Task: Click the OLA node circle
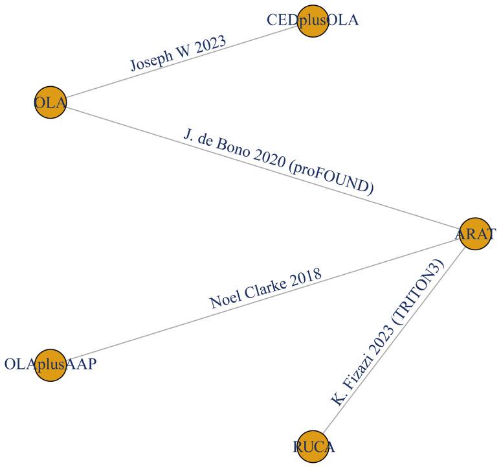pos(50,102)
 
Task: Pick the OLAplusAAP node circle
pos(50,364)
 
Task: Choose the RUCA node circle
pos(314,446)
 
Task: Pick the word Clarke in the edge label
pos(268,285)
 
